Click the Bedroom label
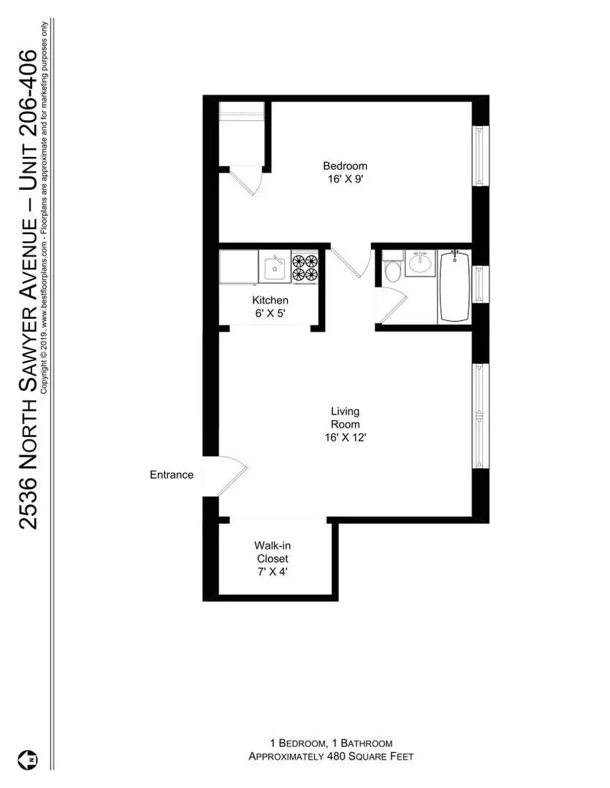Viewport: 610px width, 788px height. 345,166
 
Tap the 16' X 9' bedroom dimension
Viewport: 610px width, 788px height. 345,179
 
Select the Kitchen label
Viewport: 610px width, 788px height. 270,300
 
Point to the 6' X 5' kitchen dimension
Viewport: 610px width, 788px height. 270,313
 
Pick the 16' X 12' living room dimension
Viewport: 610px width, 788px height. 345,438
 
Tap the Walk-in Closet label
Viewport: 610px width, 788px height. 272,552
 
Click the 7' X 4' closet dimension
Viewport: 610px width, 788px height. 272,572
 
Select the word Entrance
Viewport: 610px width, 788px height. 172,475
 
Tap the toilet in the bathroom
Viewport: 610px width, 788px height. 393,269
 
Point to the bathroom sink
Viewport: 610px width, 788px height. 419,262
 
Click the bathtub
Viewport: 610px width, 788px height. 454,285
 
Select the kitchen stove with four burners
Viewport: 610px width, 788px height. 305,267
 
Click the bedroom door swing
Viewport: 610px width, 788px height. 351,261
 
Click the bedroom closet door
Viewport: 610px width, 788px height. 247,181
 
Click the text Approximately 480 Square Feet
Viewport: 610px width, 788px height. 331,757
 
